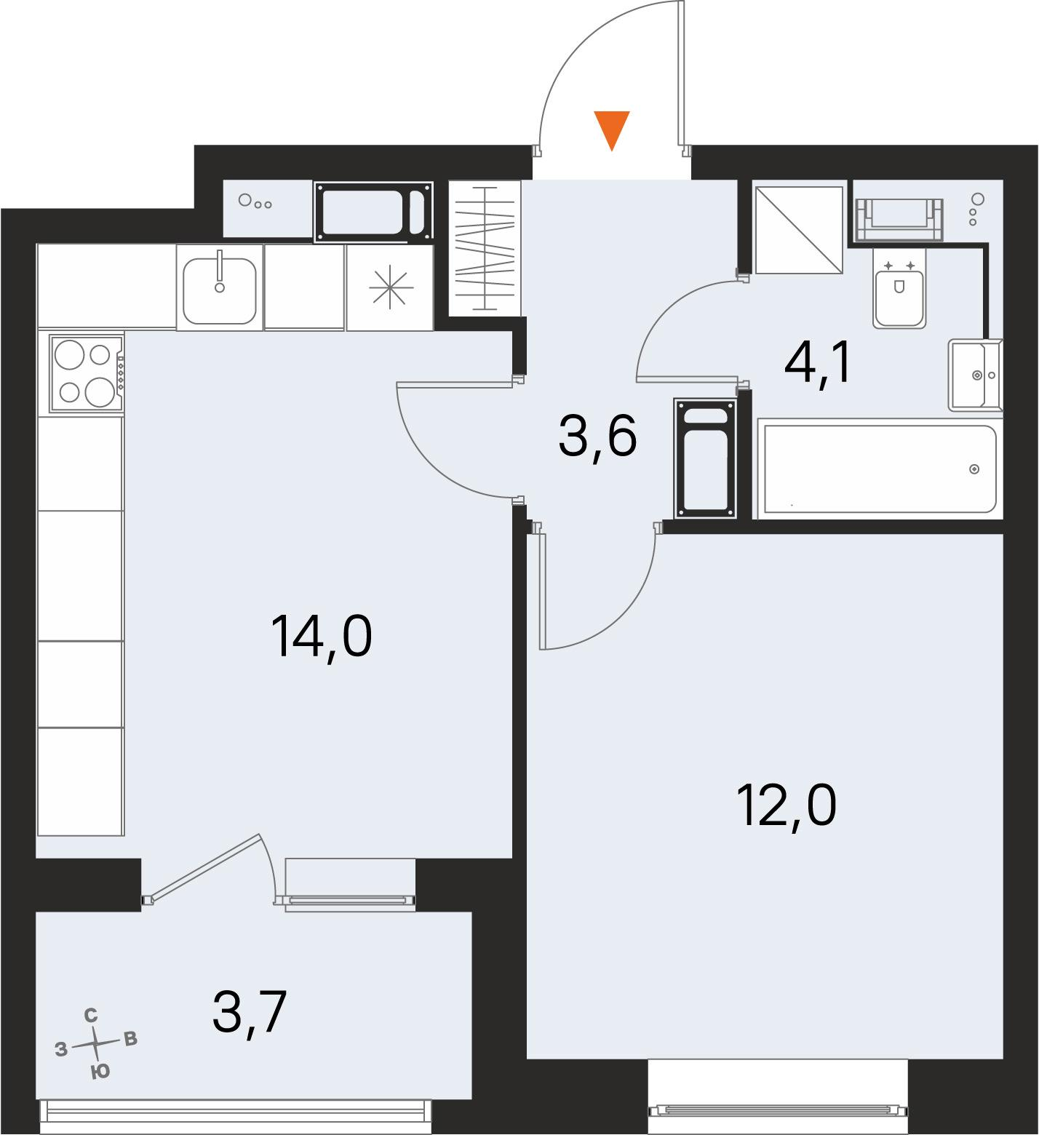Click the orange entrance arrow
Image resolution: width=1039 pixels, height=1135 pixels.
click(611, 130)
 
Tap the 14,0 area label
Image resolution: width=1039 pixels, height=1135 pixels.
click(321, 636)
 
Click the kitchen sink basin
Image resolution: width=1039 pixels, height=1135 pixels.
click(219, 291)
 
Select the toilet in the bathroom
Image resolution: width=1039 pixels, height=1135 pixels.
click(899, 295)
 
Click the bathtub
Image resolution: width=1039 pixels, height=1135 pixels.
click(877, 469)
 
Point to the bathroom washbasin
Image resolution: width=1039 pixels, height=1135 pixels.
click(975, 375)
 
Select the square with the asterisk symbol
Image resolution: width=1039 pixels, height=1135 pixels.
click(390, 287)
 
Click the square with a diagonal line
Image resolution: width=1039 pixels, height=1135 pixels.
click(799, 229)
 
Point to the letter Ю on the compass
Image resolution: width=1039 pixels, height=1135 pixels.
click(100, 1071)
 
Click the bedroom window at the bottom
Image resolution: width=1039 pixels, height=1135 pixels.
click(778, 1110)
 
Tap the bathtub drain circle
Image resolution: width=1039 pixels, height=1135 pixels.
click(974, 469)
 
